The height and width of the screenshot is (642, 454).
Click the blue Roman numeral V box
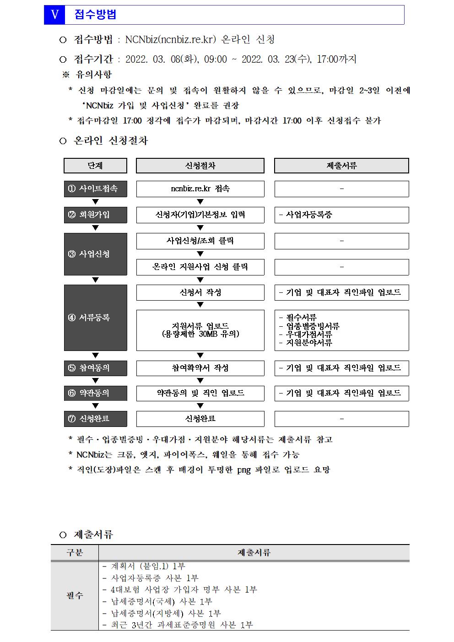(55, 15)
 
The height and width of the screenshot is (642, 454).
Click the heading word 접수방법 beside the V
(95, 15)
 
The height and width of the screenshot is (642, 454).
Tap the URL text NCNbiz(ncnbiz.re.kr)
(170, 39)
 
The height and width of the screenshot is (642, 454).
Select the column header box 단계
(95, 166)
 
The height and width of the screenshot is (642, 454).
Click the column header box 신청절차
(200, 166)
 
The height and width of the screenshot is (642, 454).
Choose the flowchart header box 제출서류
(341, 166)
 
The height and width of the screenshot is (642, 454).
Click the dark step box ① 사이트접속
(95, 189)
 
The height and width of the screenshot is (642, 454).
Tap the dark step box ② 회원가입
(95, 215)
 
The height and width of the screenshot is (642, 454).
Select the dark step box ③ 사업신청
(95, 254)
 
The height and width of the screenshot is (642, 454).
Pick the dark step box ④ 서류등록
(95, 318)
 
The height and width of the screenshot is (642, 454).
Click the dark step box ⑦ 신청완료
(95, 419)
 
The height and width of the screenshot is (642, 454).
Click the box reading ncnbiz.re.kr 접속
(200, 189)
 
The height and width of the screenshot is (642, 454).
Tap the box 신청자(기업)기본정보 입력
(200, 215)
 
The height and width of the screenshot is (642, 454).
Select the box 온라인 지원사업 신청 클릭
(200, 267)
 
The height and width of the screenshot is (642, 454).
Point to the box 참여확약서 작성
(200, 368)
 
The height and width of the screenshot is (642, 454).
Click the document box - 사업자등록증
(341, 215)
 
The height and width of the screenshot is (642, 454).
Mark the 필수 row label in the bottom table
(75, 595)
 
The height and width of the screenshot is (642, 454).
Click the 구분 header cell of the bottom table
(75, 552)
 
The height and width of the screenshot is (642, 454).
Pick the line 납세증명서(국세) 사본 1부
(161, 601)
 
